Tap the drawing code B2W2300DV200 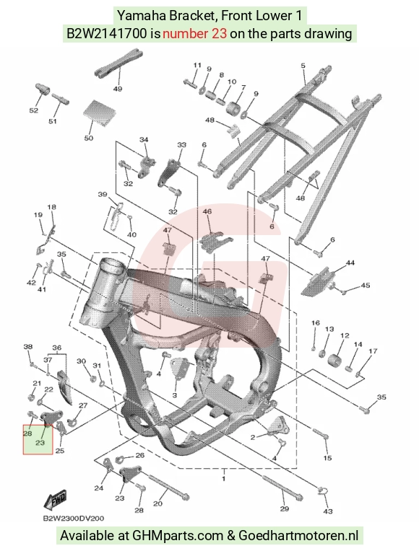74,519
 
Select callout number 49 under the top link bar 118,89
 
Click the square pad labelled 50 99,110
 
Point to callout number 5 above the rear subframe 303,66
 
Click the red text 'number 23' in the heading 195,34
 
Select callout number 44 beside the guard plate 350,263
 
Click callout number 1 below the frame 223,478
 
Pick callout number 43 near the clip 328,511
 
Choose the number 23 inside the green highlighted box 40,443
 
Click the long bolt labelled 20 170,486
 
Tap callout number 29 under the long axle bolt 284,508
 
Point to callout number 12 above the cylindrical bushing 345,335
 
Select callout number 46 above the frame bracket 207,211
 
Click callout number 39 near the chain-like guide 103,194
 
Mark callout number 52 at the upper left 33,110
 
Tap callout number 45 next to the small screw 366,285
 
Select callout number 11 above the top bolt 197,65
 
